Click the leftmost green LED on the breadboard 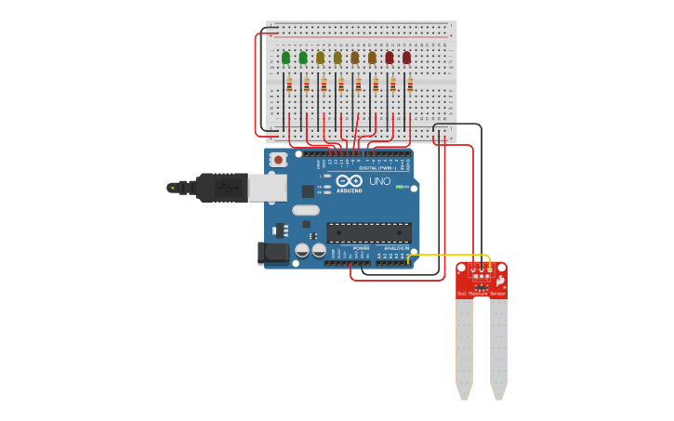285,58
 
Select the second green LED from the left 303,58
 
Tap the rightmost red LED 406,58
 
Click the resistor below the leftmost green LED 289,86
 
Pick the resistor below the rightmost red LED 410,86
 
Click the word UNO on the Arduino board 379,181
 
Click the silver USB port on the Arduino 268,188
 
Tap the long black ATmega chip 368,232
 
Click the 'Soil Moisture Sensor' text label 481,294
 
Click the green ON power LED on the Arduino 401,187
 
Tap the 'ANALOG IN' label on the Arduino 394,248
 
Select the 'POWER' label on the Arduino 361,248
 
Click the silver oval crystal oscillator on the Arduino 305,210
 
